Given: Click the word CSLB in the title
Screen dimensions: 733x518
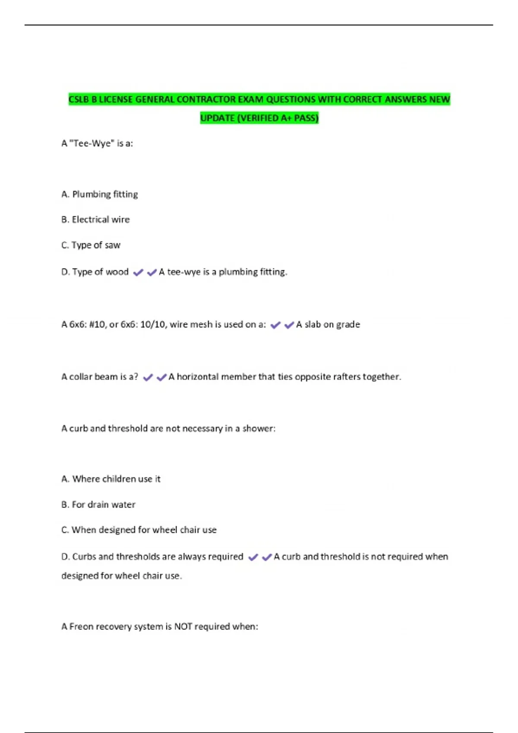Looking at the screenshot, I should click(79, 100).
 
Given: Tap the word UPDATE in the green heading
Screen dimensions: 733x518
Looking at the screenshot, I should click(217, 118).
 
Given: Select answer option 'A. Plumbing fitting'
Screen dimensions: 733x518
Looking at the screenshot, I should click(100, 194).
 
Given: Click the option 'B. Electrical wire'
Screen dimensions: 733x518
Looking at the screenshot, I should click(95, 220).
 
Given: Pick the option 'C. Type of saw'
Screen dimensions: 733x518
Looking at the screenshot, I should click(91, 245).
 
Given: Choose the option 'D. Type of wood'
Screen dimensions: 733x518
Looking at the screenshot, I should click(95, 272).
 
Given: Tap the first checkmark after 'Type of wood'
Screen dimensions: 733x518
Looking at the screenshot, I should click(138, 273).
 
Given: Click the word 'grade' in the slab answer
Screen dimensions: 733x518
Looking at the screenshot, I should click(348, 325).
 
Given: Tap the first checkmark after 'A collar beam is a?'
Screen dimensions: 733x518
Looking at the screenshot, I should click(148, 377).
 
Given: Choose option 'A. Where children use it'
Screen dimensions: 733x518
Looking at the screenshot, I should click(111, 479).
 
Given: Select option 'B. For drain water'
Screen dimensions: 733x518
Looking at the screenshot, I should click(98, 505).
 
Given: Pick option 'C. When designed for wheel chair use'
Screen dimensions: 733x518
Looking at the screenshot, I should click(139, 530).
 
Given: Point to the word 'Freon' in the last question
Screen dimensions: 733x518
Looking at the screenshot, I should click(81, 626).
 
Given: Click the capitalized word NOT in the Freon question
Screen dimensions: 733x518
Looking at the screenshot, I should click(183, 626).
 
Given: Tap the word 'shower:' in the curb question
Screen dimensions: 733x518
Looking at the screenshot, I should click(259, 429).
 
